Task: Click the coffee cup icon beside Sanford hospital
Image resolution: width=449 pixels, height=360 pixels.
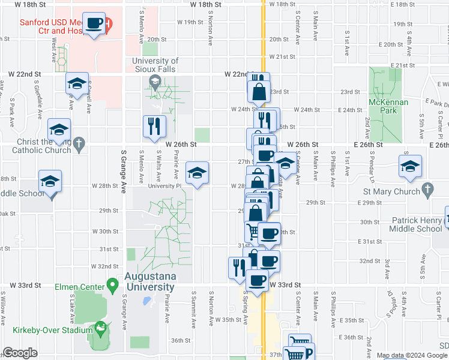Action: tap(94, 23)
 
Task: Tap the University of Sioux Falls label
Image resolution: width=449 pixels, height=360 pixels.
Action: tap(155, 65)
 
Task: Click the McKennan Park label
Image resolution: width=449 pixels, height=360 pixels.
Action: tap(388, 106)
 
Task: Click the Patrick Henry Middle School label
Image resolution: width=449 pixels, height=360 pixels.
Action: tap(417, 224)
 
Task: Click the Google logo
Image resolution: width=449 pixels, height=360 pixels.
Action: tap(20, 353)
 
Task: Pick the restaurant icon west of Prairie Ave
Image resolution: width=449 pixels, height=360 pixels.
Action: tap(154, 126)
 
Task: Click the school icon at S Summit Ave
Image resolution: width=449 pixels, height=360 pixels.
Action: tap(197, 173)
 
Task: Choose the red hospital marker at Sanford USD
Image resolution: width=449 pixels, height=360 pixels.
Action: tap(107, 25)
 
